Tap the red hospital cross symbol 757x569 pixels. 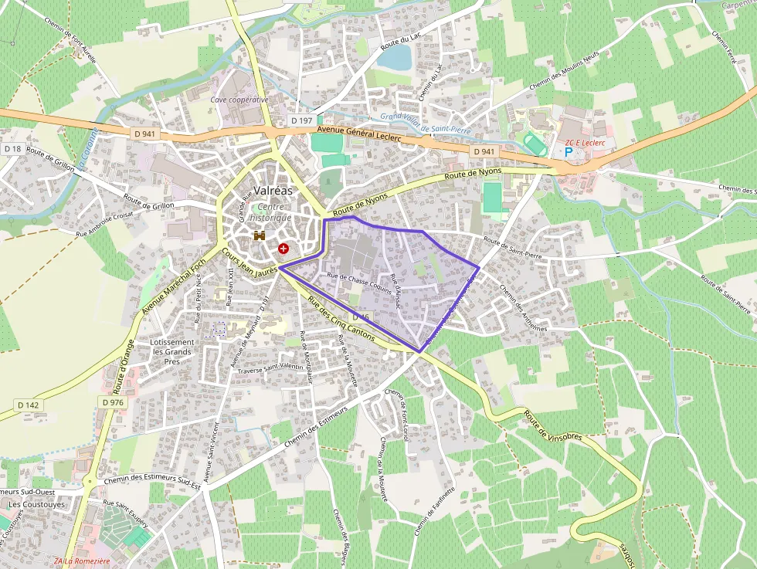284,249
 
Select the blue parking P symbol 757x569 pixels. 569,152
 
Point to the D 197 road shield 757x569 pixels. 302,121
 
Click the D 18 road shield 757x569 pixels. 12,148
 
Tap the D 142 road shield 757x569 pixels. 28,405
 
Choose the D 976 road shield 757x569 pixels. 113,402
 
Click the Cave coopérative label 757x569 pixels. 239,100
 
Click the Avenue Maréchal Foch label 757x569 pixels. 174,286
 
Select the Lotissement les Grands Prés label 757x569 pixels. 172,351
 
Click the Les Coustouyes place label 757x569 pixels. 36,504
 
